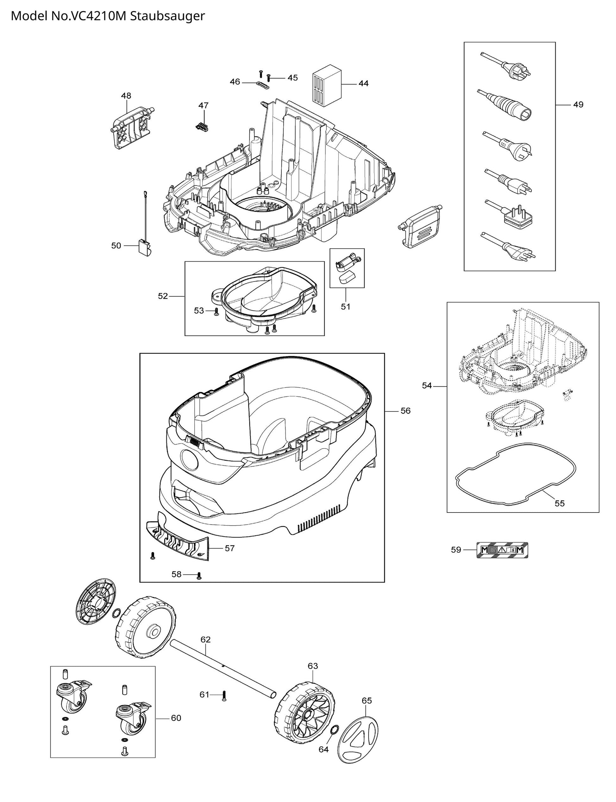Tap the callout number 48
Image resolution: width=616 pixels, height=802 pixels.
(x=126, y=96)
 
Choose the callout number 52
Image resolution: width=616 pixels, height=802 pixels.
(x=163, y=296)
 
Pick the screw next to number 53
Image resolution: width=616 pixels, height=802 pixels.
(x=216, y=311)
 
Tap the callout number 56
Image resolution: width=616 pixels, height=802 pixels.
(x=405, y=411)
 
